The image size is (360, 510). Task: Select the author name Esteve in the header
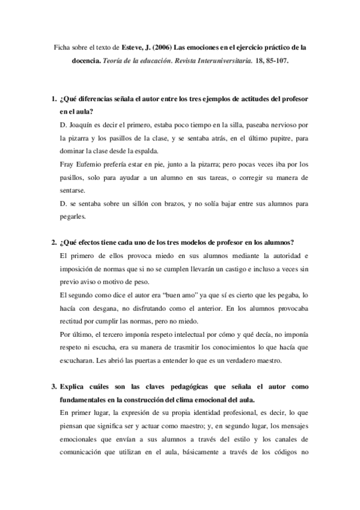pyautogui.click(x=133, y=48)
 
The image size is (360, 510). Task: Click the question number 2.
pyautogui.click(x=53, y=242)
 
